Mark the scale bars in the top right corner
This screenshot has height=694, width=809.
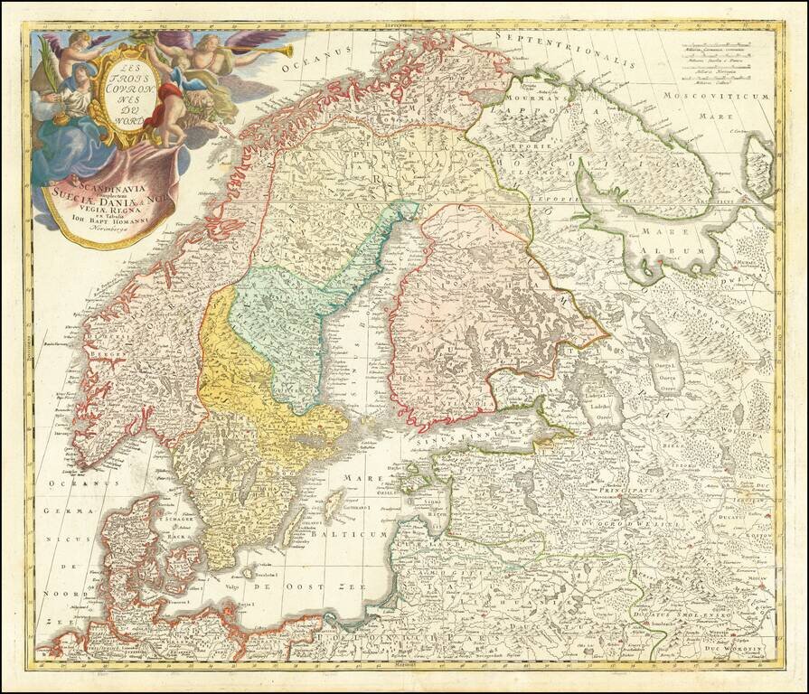pyautogui.click(x=722, y=63)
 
